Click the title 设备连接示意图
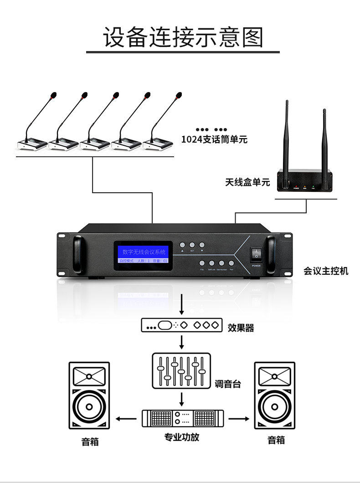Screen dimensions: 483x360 (183, 37)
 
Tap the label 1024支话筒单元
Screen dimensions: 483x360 (214, 139)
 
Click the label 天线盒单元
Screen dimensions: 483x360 (247, 182)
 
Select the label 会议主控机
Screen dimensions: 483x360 (326, 271)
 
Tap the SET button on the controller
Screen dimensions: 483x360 (192, 245)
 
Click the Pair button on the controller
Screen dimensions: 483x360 (231, 263)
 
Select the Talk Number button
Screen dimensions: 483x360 (221, 263)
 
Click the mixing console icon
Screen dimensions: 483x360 (181, 370)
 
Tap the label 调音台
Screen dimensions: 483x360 (228, 384)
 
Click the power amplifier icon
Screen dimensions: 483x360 (183, 418)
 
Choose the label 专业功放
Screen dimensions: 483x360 (182, 437)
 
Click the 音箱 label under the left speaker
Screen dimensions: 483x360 (90, 441)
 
